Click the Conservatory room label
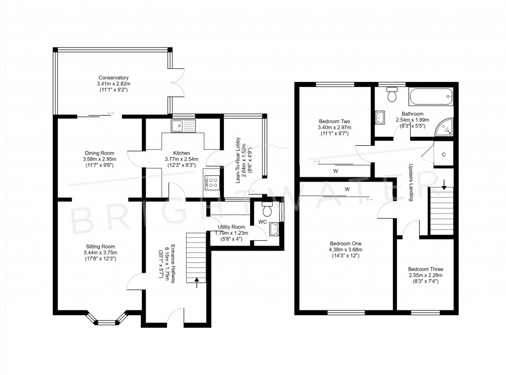113,78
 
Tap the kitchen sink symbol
183,125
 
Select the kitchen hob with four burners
212,183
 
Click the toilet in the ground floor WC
267,210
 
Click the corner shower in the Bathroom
446,127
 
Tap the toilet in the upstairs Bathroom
393,94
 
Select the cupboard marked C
443,154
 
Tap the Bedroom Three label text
425,269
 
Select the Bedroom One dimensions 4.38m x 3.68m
346,250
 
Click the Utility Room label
231,227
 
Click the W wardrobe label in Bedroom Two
336,171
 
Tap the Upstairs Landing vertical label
411,183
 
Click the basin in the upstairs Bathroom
379,118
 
